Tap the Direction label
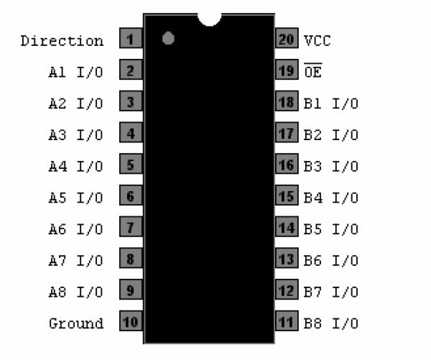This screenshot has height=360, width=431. click(x=62, y=41)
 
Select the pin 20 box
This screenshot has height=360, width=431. click(x=287, y=40)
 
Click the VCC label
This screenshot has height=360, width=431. click(x=318, y=41)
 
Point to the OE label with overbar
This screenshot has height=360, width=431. click(x=312, y=72)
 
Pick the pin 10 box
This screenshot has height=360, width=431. click(x=131, y=322)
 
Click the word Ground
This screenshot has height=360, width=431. click(x=76, y=323)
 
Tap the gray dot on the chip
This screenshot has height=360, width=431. click(x=169, y=38)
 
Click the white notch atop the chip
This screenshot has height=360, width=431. click(x=209, y=18)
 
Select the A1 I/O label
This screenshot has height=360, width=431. click(x=76, y=72)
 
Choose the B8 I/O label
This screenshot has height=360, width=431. click(x=331, y=323)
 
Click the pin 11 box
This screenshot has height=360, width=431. click(x=287, y=322)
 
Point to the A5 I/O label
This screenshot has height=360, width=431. click(x=76, y=198)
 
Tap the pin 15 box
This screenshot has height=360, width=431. click(x=287, y=196)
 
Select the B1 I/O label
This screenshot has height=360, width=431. click(x=331, y=103)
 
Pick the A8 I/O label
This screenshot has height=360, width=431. click(x=76, y=292)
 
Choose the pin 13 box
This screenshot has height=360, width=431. click(x=287, y=259)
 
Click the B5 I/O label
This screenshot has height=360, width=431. click(x=331, y=229)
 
